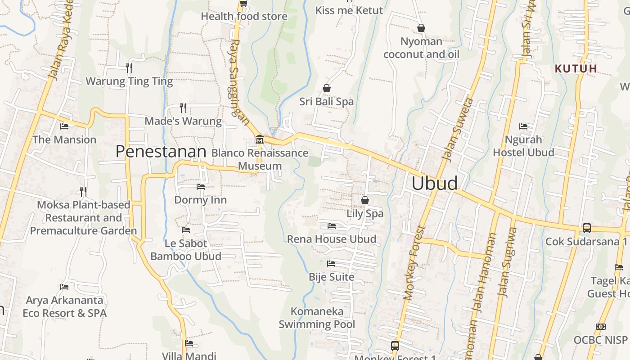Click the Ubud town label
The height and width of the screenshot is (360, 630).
[434, 183]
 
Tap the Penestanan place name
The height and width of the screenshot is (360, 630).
[161, 152]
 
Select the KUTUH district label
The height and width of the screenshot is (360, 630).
[576, 68]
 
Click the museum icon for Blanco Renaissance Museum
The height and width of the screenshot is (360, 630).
[259, 139]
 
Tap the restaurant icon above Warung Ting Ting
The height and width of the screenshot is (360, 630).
[129, 67]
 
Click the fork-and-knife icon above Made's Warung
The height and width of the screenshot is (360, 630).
[183, 108]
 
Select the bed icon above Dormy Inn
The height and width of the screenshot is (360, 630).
[200, 186]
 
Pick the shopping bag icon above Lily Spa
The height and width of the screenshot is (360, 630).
[365, 200]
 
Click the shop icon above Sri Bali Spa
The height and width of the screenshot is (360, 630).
[327, 88]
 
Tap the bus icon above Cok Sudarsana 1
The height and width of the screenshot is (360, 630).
[586, 228]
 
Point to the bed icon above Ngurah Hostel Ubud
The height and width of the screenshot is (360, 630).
[523, 126]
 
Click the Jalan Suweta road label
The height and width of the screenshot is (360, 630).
[458, 129]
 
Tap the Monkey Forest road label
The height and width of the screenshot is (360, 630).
[414, 263]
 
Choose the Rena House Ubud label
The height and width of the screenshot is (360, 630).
[332, 239]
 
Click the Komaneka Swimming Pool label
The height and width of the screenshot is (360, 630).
[317, 318]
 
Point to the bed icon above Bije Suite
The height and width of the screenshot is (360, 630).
[332, 263]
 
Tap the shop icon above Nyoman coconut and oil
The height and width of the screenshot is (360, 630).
[421, 28]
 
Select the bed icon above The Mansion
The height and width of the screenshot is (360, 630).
[64, 126]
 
